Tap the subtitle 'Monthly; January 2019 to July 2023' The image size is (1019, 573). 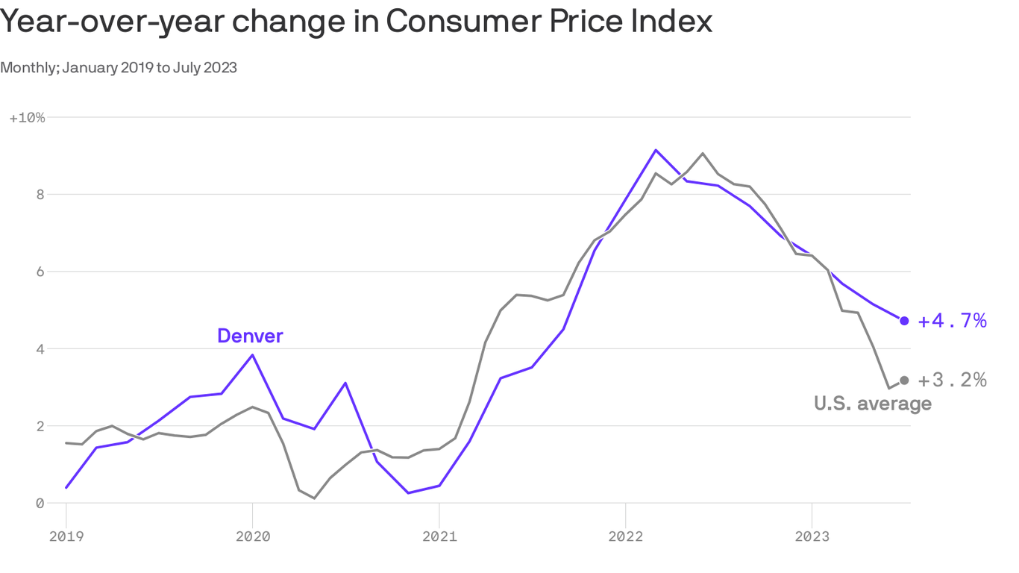(119, 68)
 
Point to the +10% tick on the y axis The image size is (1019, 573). (27, 118)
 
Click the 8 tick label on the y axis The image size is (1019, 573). (41, 195)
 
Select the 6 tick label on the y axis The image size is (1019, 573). (41, 272)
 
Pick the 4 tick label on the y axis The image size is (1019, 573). (41, 349)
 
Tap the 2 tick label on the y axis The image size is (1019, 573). (41, 426)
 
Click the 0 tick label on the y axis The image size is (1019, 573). (41, 504)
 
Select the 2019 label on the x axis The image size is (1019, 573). (66, 536)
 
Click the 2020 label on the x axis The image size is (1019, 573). (252, 536)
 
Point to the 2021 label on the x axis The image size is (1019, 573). (439, 536)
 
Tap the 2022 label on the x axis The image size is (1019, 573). (625, 536)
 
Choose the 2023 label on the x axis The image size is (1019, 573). (812, 536)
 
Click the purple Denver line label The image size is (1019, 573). (250, 336)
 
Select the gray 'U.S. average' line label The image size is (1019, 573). (872, 404)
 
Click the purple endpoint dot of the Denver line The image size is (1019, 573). (904, 321)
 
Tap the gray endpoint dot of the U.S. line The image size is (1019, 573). (904, 381)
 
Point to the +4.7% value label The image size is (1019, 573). (952, 321)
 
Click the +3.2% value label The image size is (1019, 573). (952, 381)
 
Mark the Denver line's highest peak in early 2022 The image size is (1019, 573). (656, 150)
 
